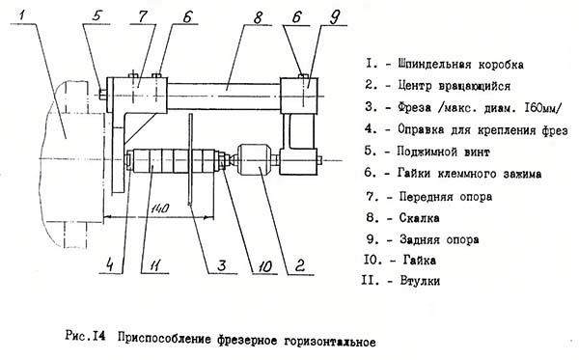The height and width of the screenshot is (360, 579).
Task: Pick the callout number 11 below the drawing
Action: (146, 262)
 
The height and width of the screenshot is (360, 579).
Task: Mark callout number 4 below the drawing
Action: (110, 262)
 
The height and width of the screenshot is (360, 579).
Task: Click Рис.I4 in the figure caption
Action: (91, 340)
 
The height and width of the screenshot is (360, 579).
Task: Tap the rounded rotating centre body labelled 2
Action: (254, 159)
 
